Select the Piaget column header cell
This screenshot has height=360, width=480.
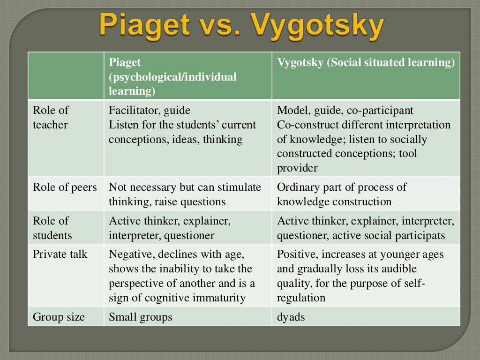[187, 76]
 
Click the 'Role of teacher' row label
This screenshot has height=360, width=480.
[51, 118]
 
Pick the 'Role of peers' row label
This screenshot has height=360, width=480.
[65, 187]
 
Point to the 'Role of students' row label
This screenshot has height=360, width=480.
[52, 228]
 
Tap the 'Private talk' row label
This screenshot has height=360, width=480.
[60, 255]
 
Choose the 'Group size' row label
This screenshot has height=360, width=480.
[59, 317]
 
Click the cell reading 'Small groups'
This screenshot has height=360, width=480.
[141, 317]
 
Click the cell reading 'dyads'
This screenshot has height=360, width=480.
[291, 317]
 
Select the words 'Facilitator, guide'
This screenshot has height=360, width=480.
[150, 111]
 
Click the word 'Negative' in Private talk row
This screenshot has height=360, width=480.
[129, 255]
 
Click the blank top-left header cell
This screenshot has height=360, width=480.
[66, 76]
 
